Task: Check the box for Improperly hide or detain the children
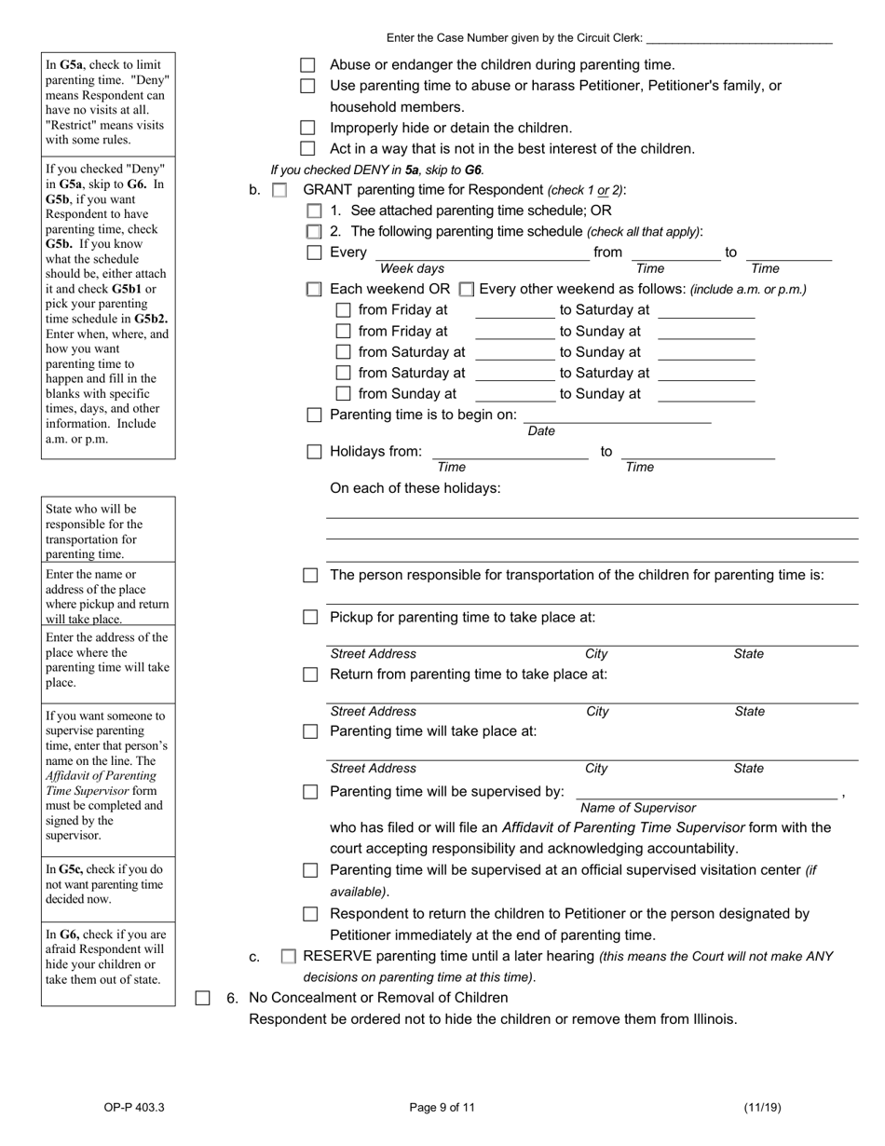click(307, 128)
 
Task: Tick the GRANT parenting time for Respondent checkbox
click(279, 190)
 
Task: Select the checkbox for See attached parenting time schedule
click(314, 211)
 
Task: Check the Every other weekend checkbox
click(467, 290)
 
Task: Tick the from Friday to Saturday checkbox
click(343, 310)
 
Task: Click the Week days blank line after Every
click(482, 254)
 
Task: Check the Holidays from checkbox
click(314, 452)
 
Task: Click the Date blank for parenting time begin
click(617, 416)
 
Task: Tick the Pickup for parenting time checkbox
click(310, 618)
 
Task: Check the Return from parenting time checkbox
click(310, 675)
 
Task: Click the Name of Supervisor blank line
click(706, 793)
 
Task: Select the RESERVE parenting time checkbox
click(289, 957)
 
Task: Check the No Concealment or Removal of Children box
click(202, 999)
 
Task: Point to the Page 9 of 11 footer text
click(442, 1108)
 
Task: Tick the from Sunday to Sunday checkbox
click(343, 394)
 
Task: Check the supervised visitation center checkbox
click(310, 870)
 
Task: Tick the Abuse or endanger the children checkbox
click(307, 65)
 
